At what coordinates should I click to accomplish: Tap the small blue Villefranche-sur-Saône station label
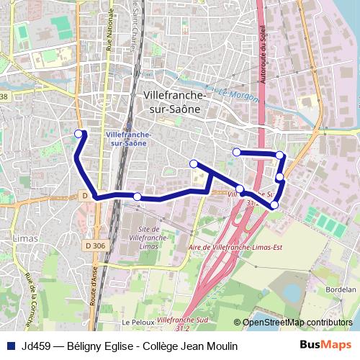pos(127,138)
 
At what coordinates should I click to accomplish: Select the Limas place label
pos(24,236)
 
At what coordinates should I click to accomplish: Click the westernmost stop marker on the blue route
pos(79,132)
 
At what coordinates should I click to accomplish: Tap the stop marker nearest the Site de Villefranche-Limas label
pos(138,197)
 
